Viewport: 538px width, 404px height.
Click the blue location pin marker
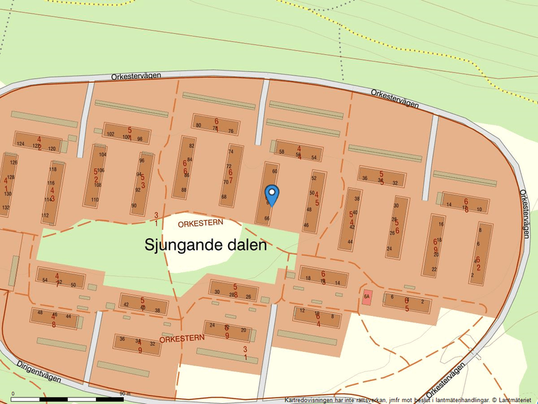272,194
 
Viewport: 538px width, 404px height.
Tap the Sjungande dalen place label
205,246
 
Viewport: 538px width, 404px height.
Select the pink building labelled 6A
366,297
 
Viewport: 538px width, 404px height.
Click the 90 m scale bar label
125,393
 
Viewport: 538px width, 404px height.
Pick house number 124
20,144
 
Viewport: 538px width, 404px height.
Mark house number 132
6,208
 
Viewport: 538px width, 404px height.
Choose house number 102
110,134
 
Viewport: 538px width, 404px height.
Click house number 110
95,200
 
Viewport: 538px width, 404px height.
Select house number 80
198,125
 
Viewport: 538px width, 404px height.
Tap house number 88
184,190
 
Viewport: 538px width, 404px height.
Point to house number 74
230,151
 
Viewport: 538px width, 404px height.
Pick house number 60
275,171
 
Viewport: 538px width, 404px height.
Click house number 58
282,152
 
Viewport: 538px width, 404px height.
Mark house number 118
53,170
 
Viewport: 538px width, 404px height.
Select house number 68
224,196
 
